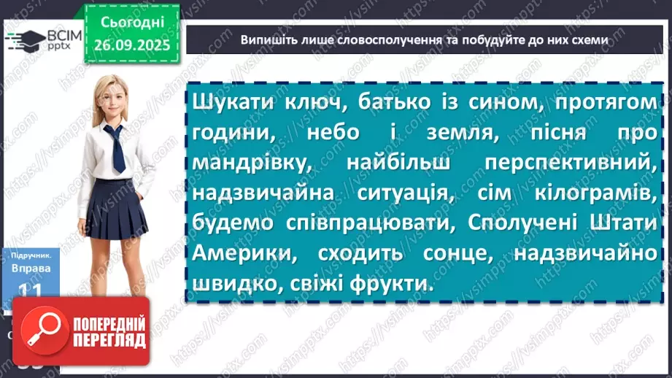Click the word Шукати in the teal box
[x=230, y=104]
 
